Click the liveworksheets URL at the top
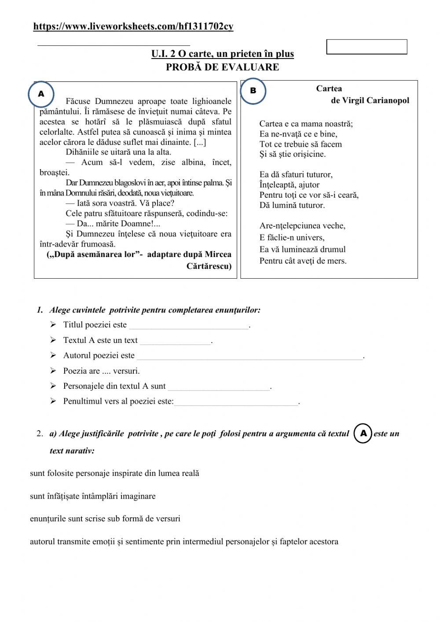pos(133,27)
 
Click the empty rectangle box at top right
pos(367,47)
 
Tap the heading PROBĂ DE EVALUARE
pos(222,67)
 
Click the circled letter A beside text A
pos(41,94)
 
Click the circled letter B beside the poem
pos(253,91)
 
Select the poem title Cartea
pos(329,88)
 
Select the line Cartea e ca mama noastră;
pos(306,124)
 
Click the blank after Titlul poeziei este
pos(189,326)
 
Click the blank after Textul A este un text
pos(176,341)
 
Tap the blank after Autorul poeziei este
pos(249,357)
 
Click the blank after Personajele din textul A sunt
pos(219,387)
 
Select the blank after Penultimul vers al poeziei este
pos(236,402)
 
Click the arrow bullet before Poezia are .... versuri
pos(53,371)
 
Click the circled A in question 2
pos(363,434)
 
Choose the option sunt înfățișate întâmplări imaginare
pos(93,496)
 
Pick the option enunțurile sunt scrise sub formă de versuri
pos(105,519)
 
